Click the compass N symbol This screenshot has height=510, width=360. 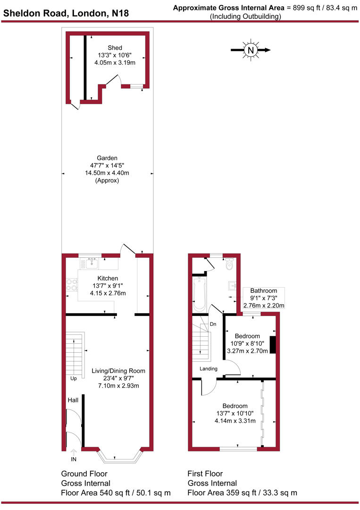(251, 50)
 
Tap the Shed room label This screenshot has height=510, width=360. (115, 48)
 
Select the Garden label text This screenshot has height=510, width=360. (107, 158)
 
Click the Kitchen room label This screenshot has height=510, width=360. (108, 278)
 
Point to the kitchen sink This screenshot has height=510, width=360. (91, 263)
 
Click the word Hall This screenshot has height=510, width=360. (73, 400)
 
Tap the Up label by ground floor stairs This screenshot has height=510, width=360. (73, 379)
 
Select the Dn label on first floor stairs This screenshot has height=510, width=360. (213, 324)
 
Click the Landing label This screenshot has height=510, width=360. (208, 369)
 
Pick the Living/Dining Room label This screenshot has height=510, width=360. (118, 371)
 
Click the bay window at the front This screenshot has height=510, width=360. (119, 456)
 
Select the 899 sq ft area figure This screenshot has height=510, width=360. (306, 8)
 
